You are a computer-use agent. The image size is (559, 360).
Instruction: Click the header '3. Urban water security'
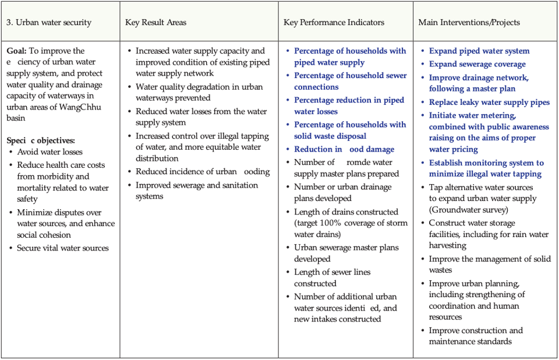[49, 23]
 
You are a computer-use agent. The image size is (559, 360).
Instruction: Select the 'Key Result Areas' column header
[155, 23]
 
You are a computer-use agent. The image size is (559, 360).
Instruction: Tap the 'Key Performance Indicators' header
[334, 23]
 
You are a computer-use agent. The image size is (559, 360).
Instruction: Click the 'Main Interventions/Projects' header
[469, 23]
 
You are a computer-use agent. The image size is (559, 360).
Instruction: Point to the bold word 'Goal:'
[17, 51]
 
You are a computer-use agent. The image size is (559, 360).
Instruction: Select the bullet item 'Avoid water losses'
[49, 152]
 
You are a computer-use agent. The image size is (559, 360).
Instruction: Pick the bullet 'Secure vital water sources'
[63, 248]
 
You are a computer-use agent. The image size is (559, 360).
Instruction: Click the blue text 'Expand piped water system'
[479, 51]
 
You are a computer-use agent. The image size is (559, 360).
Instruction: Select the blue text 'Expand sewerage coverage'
[477, 64]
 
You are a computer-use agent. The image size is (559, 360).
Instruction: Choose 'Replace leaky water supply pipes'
[489, 103]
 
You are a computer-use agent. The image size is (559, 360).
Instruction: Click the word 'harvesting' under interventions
[447, 246]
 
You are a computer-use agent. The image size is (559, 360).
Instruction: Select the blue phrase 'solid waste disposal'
[330, 136]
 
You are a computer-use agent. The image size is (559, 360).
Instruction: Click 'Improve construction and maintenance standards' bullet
[476, 336]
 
